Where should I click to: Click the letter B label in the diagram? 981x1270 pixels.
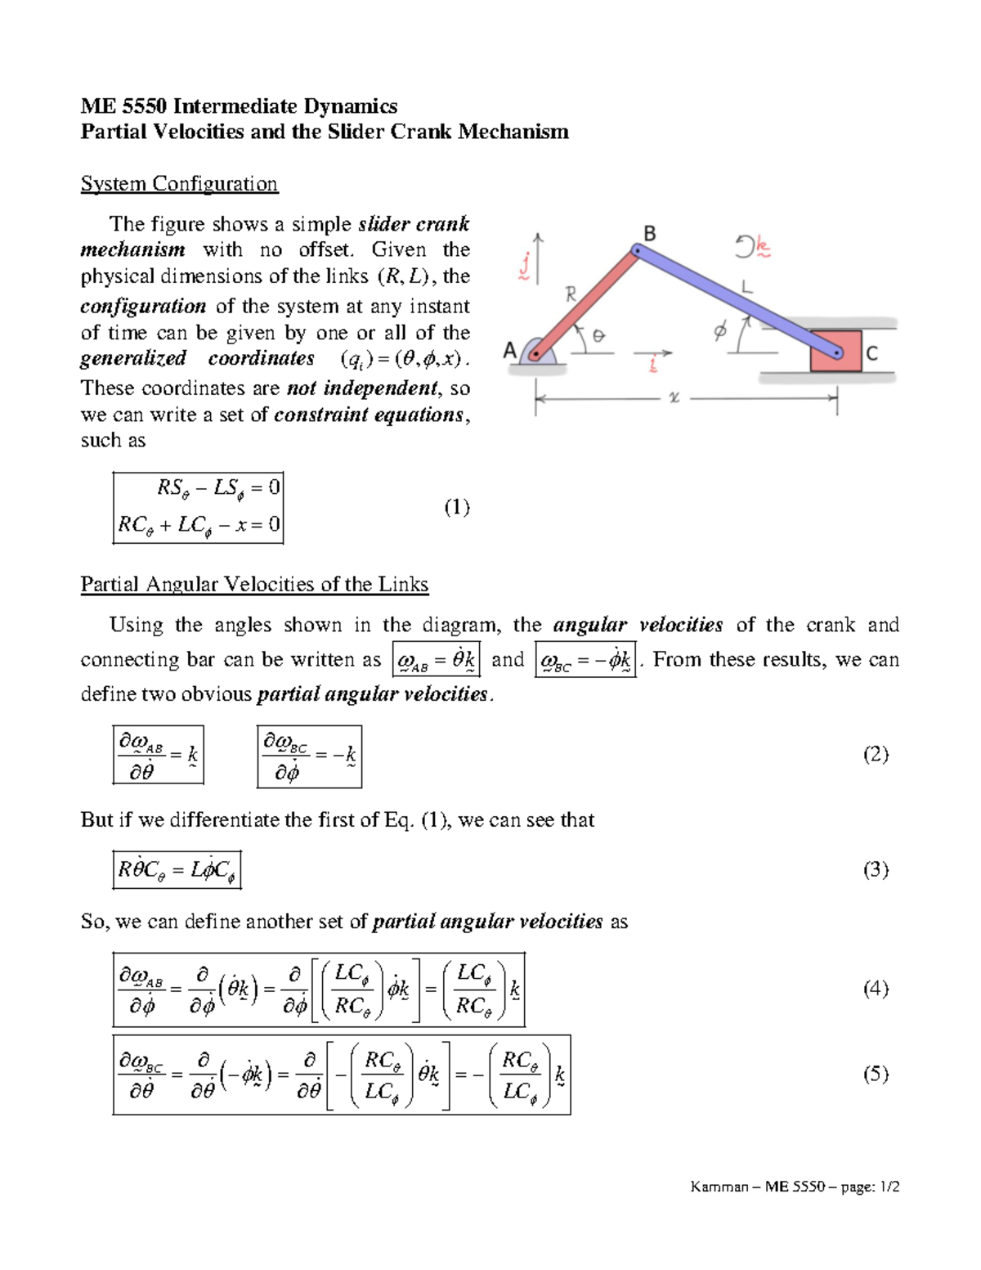(x=650, y=234)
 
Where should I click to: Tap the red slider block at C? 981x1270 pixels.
(x=835, y=352)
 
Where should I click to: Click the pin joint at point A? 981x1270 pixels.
(x=535, y=355)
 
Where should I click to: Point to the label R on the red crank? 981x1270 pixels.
(x=571, y=294)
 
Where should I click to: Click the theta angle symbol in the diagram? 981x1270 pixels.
(x=598, y=335)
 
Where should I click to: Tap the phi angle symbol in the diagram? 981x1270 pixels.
(x=719, y=331)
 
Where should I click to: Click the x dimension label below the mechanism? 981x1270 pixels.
(x=674, y=398)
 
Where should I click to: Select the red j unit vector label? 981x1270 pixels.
(x=525, y=266)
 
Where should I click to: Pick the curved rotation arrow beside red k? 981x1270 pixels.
(x=745, y=246)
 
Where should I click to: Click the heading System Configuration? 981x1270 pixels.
(x=179, y=183)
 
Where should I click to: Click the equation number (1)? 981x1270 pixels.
(x=457, y=507)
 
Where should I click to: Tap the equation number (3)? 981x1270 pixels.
(x=876, y=869)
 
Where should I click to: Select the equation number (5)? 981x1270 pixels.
(x=876, y=1074)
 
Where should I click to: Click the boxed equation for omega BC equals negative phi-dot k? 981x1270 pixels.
(x=585, y=660)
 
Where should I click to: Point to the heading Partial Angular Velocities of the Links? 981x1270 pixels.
(x=254, y=584)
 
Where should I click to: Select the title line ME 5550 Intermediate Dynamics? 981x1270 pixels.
(x=239, y=105)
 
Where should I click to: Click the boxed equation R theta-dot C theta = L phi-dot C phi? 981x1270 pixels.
(x=177, y=869)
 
